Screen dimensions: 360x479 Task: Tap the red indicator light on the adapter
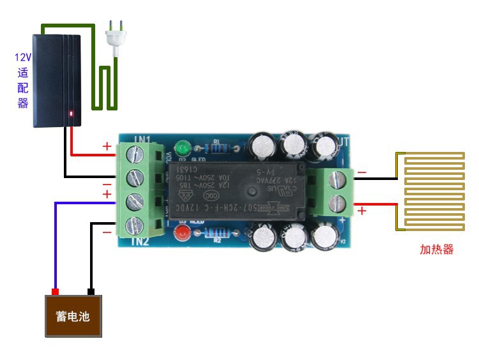71,115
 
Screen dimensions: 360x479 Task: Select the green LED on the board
185,145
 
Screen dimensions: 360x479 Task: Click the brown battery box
73,316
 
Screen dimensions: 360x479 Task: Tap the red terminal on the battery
55,292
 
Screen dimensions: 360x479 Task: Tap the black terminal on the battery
91,292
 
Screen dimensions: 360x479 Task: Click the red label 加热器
436,250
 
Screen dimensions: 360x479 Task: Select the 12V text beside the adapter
23,57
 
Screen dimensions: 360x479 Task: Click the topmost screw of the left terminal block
135,153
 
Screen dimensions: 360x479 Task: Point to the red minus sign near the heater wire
362,172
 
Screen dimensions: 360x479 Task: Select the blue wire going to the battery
56,243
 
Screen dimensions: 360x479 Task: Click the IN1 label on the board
142,139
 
